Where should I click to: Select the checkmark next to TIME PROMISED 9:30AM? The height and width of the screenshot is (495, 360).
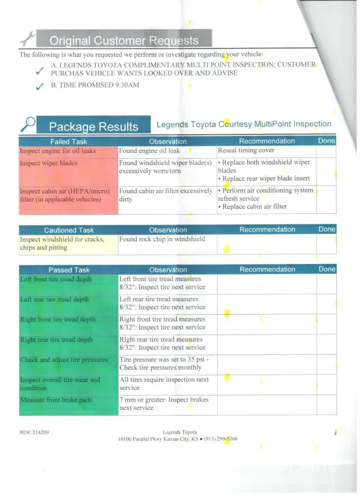pyautogui.click(x=39, y=88)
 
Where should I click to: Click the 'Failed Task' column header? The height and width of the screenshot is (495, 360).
pyautogui.click(x=68, y=142)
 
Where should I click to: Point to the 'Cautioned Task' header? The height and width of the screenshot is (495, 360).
pyautogui.click(x=68, y=230)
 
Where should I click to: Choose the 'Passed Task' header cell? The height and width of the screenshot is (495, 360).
pyautogui.click(x=68, y=270)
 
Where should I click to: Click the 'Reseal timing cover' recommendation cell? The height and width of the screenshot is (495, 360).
pyautogui.click(x=246, y=150)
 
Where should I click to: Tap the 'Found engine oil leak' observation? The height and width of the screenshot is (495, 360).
pyautogui.click(x=150, y=151)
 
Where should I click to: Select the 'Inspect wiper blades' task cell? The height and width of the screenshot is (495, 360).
pyautogui.click(x=49, y=163)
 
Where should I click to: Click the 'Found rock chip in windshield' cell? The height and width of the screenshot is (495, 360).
pyautogui.click(x=162, y=239)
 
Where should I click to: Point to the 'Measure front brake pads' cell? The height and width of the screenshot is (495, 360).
pyautogui.click(x=56, y=400)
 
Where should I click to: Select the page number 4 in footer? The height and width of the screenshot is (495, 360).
pyautogui.click(x=335, y=433)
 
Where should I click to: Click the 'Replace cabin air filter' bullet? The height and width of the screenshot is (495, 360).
pyautogui.click(x=254, y=206)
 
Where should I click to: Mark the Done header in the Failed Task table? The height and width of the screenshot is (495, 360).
pyautogui.click(x=326, y=141)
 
